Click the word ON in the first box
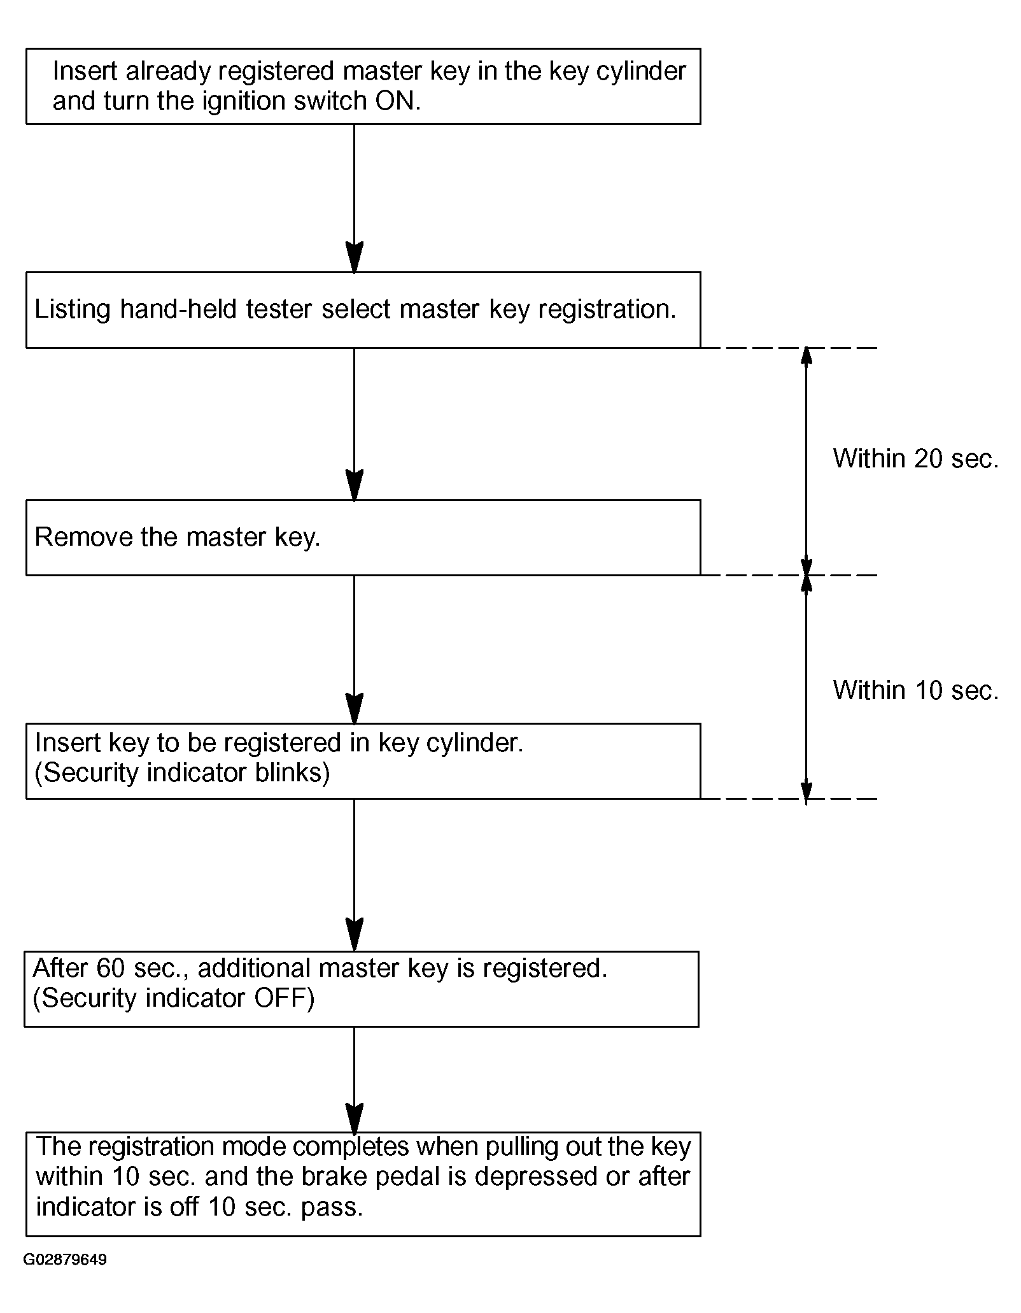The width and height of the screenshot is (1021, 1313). [395, 101]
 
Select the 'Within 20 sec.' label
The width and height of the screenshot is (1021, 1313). [916, 458]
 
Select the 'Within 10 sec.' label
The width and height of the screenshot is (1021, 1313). [916, 690]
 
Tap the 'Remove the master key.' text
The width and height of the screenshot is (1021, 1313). [178, 537]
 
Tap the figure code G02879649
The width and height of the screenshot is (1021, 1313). [66, 1260]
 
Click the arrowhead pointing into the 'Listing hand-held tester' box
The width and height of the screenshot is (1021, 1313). [354, 258]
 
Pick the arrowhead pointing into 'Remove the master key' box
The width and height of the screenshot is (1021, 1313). [354, 485]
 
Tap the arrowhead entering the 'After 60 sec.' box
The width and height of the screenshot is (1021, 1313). [354, 936]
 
